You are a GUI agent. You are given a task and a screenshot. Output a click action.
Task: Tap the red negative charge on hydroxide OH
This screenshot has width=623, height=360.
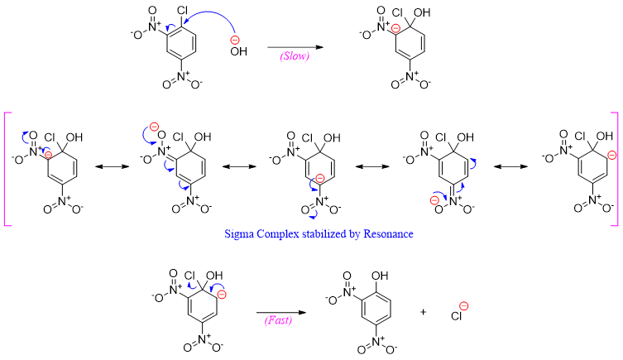point(234,41)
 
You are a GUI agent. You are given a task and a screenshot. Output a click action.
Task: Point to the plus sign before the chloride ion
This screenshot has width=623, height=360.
point(424,313)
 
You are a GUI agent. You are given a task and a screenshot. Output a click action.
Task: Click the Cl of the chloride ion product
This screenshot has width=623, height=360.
point(456,314)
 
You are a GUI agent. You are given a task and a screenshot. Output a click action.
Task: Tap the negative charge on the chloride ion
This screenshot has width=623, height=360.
point(464,305)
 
